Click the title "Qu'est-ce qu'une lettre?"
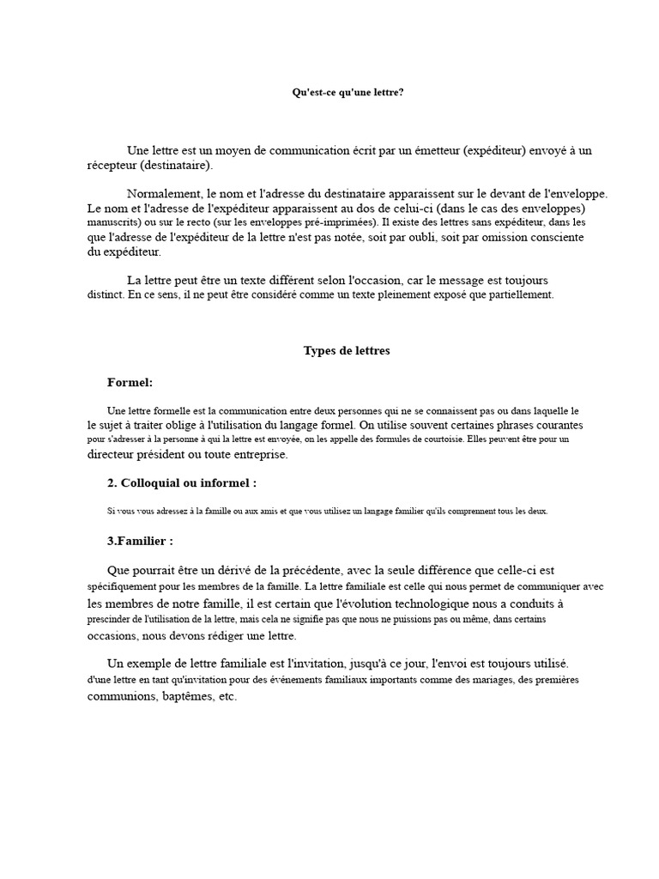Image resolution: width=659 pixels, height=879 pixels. point(348,92)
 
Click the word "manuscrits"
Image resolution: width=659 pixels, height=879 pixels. point(112,223)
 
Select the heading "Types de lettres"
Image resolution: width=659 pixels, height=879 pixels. point(347,350)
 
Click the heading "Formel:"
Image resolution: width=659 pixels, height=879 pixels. point(130,382)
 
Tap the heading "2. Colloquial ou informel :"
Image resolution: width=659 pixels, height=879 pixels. point(182,483)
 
